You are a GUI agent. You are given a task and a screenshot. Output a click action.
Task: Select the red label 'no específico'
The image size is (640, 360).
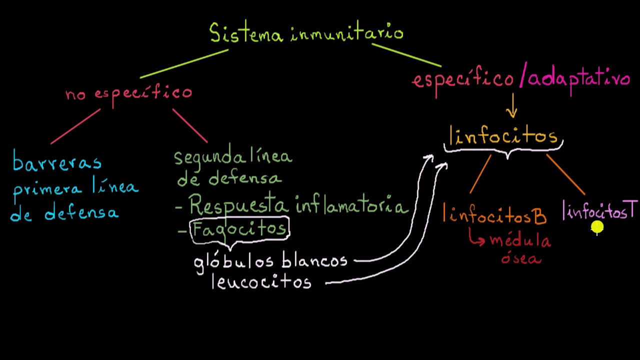pos(129,93)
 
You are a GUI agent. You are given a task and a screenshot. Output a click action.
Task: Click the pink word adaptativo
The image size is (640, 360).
pos(579,79)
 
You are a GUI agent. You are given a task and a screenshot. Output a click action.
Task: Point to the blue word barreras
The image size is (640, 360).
pos(56,162)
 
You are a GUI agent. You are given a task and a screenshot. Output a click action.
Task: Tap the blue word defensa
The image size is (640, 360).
pos(81,214)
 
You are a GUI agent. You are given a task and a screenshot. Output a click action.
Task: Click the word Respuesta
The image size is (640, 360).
pos(239,205)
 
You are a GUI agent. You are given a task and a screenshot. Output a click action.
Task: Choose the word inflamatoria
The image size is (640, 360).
pos(351,206)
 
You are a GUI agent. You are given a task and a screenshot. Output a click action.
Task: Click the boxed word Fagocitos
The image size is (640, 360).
pos(239,229)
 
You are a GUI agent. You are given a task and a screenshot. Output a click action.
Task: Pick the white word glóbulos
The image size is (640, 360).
pos(233,261)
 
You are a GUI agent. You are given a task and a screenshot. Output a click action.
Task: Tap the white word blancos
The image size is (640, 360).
pos(314,260)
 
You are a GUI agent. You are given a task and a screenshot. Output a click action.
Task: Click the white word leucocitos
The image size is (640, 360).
pos(261,282)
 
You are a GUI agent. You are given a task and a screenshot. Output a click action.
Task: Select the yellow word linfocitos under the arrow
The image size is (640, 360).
pos(503,136)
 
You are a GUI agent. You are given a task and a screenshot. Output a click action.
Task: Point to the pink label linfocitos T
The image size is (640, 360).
pos(599,211)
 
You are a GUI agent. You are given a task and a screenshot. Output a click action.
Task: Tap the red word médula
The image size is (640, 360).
pos(520,240)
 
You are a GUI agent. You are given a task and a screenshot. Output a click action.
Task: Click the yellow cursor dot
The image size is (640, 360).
pos(597,227)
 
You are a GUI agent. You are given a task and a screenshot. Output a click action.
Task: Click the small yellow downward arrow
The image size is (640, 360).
pos(511,106)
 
